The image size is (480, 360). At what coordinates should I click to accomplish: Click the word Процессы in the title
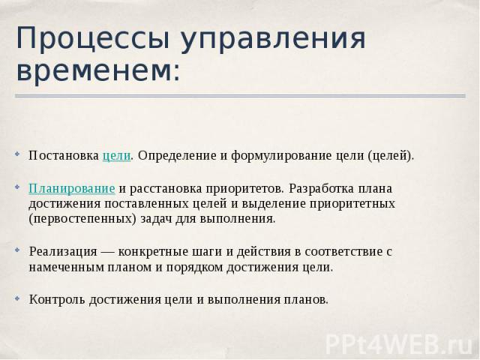coord(92,39)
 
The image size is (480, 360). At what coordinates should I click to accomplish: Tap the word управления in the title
coord(273,39)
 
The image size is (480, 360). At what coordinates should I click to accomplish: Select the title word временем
coord(98,71)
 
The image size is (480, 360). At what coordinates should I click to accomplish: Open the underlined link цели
coord(117,155)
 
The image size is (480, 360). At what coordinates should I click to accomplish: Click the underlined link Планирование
coord(72,188)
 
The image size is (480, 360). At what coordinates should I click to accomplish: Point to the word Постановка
coord(64,155)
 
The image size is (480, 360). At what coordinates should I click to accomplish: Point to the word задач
coord(156,219)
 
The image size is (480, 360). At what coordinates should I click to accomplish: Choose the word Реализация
coord(63,252)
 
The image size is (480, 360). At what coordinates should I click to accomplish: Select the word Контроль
coord(57,299)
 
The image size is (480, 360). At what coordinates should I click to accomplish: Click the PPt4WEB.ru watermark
coord(400,345)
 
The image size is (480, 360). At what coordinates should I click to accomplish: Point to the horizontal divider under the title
coord(240,96)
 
